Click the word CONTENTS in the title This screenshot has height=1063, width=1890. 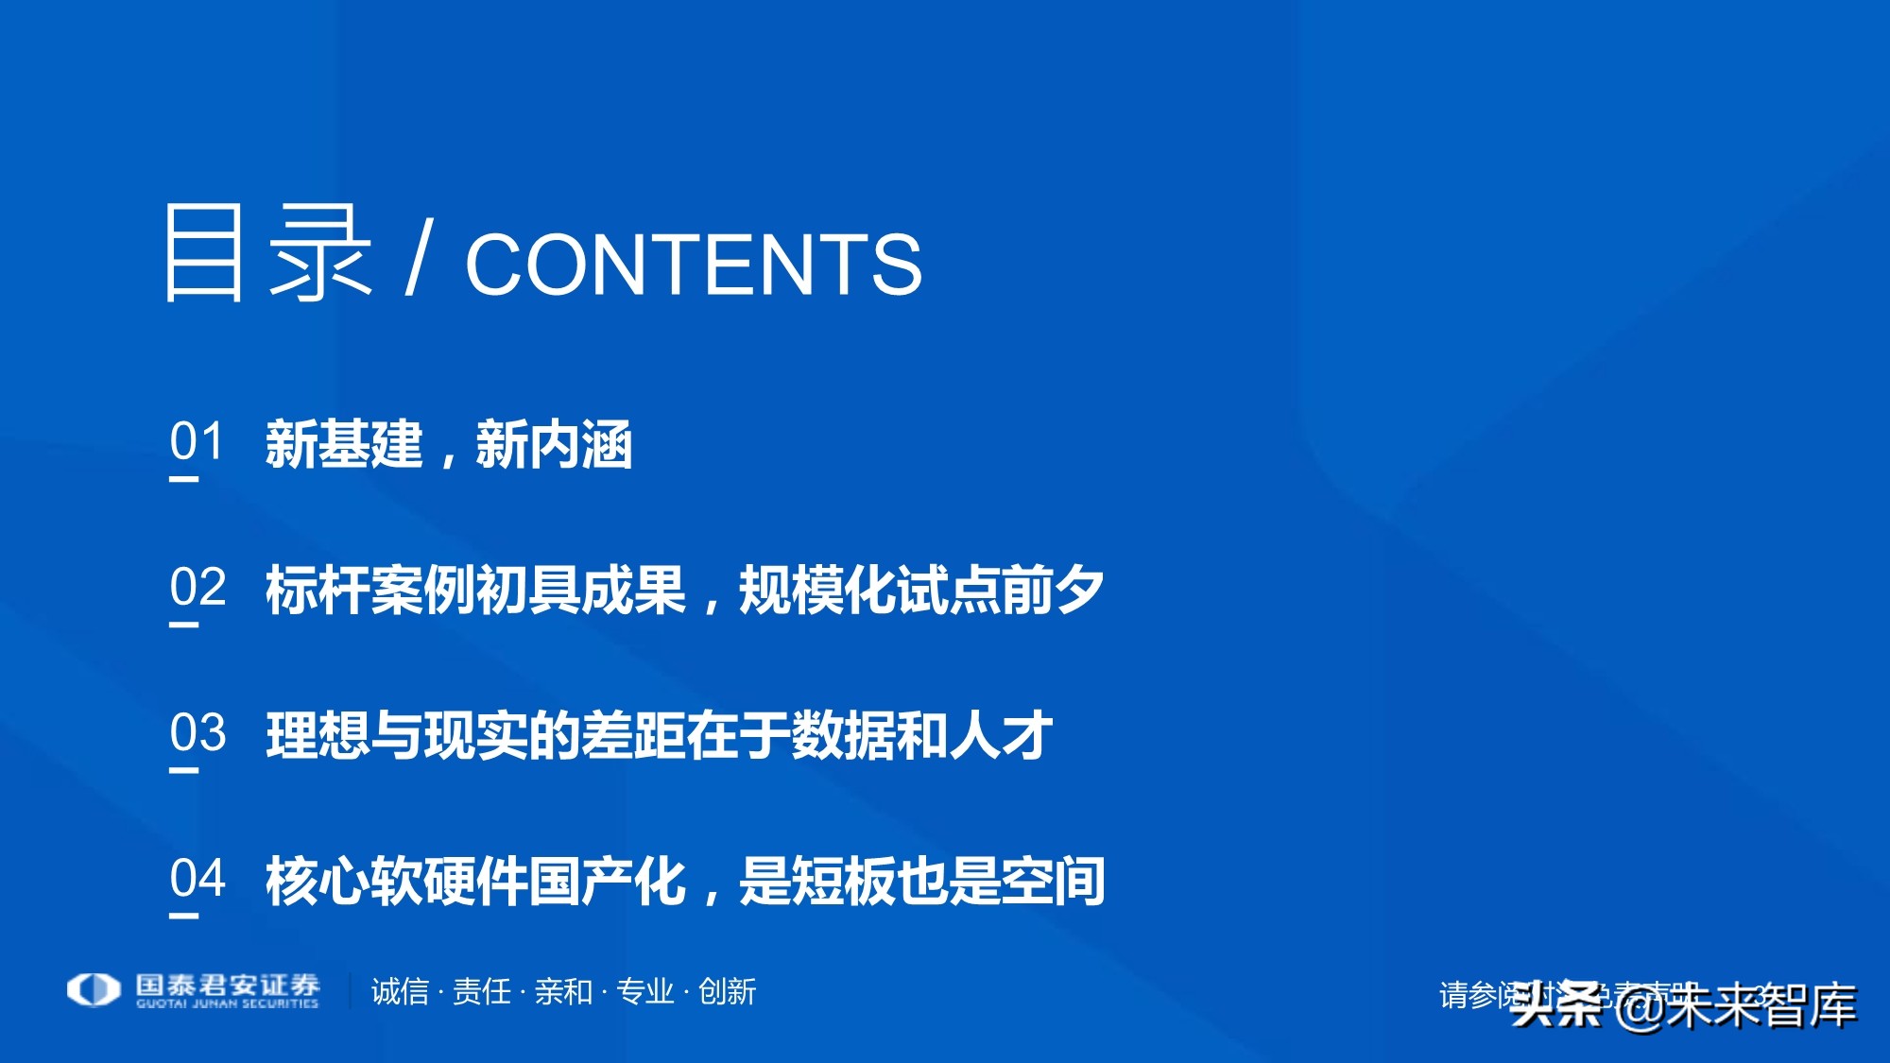click(x=693, y=265)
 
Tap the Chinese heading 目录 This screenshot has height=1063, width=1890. click(x=267, y=253)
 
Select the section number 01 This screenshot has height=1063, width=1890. click(x=197, y=441)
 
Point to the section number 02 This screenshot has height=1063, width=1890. click(x=198, y=587)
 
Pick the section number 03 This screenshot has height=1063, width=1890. click(x=198, y=732)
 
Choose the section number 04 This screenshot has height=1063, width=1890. click(x=198, y=878)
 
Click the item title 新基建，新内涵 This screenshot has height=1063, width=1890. click(x=449, y=444)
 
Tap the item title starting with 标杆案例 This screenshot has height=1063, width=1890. click(x=684, y=590)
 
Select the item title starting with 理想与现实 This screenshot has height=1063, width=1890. click(x=659, y=735)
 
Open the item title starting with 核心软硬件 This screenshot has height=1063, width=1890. click(x=685, y=881)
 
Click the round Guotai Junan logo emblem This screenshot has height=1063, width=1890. click(x=94, y=990)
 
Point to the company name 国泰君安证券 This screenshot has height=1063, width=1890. click(x=228, y=986)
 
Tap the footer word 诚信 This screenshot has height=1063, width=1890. click(x=400, y=991)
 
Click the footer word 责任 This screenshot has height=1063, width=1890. click(x=482, y=991)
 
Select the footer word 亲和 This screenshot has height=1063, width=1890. click(x=563, y=991)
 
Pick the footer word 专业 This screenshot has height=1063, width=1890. click(x=644, y=991)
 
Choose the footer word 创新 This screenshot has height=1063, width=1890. click(x=727, y=991)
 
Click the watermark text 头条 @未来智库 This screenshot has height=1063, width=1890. click(x=1682, y=1005)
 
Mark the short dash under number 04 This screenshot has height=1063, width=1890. click(x=184, y=916)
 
